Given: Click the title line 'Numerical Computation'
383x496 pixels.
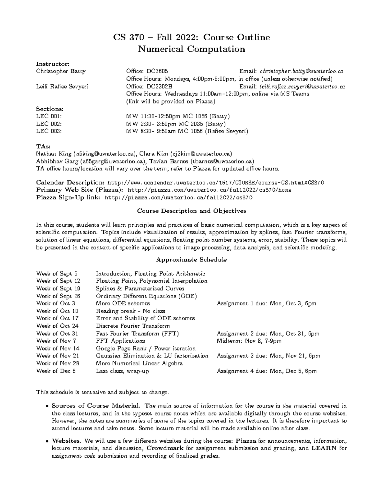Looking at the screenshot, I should point(191,49).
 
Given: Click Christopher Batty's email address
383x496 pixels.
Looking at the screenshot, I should point(302,71).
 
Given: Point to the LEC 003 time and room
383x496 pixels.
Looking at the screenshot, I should point(187,131).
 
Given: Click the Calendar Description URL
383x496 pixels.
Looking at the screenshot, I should point(216,183).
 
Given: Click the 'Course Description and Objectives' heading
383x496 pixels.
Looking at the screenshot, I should point(191,211).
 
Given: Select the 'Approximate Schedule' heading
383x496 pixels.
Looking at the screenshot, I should point(191,260).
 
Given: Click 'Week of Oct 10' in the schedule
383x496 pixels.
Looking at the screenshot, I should point(57,311).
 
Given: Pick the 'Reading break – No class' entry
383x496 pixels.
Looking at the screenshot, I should point(131,311).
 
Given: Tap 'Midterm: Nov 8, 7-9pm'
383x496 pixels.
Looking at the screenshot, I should point(249,341).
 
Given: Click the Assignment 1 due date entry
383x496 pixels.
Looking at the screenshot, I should point(267,303).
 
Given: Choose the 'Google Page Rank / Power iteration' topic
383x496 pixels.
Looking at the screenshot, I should point(146,348).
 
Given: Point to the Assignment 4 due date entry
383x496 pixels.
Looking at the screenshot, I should point(267,371).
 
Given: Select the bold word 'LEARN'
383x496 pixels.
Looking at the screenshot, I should point(324,448).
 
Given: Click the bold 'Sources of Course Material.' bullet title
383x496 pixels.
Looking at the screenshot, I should point(96,406).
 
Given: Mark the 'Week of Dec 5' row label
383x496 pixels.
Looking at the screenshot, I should point(56,371).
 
